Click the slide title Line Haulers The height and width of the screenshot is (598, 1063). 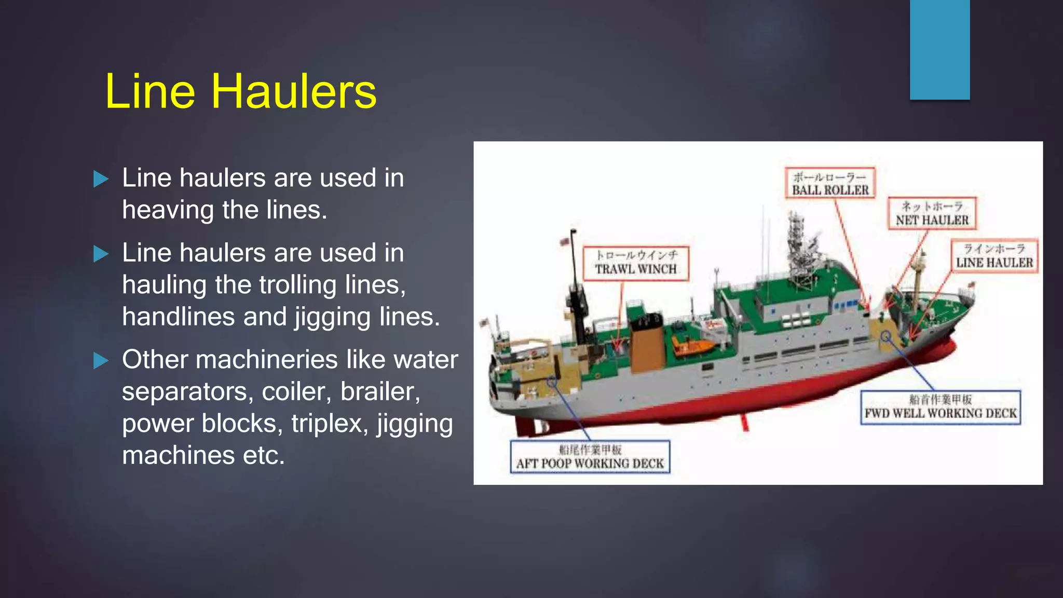click(240, 91)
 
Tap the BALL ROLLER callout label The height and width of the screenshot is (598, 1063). click(830, 183)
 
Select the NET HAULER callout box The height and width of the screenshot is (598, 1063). click(932, 213)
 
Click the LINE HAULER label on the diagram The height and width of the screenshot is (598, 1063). click(994, 256)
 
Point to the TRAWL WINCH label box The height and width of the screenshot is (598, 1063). click(636, 263)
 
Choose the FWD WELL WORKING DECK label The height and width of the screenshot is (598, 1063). click(940, 407)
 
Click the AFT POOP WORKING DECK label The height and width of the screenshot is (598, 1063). click(590, 457)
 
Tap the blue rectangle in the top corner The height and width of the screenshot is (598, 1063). click(939, 50)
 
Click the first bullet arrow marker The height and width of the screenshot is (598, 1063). click(101, 179)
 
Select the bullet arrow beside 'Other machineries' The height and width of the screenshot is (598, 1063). click(101, 360)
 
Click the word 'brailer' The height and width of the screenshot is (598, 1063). click(380, 392)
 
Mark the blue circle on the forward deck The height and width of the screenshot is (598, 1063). click(886, 337)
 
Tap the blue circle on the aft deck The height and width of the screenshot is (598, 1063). click(552, 382)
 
